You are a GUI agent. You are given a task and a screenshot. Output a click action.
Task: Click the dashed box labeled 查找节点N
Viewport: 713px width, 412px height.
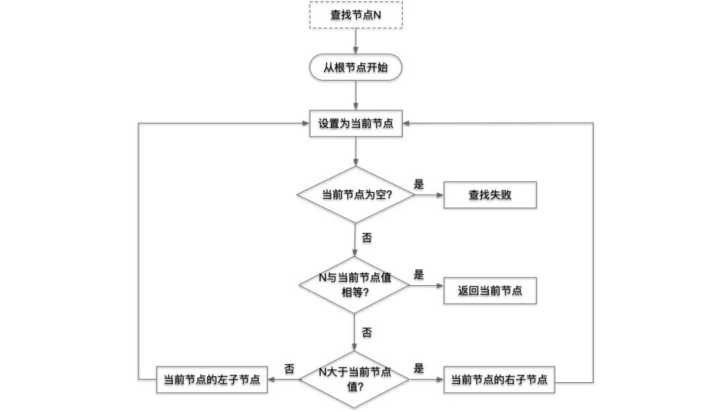tap(356, 15)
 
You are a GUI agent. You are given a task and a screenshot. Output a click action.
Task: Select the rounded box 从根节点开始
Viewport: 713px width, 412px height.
tap(356, 68)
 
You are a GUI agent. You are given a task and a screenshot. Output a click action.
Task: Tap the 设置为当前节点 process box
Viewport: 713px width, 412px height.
tap(356, 123)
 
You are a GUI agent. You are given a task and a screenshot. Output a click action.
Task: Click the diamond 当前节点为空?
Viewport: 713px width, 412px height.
tap(356, 195)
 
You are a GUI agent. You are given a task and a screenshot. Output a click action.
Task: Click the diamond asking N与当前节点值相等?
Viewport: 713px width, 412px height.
tap(356, 285)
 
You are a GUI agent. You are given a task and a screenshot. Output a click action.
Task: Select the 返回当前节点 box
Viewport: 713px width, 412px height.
tap(489, 290)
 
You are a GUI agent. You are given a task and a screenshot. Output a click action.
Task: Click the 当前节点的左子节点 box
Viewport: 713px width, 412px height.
tap(211, 380)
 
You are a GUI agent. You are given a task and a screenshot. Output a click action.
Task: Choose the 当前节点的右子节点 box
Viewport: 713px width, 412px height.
tap(498, 380)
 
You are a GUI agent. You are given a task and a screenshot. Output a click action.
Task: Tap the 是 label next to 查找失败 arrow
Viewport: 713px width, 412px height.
tap(419, 184)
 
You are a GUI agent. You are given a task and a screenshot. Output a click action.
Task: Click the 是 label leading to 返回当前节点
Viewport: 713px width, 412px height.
tap(419, 275)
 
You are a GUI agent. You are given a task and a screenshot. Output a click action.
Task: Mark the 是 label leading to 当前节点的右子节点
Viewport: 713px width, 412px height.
tap(419, 368)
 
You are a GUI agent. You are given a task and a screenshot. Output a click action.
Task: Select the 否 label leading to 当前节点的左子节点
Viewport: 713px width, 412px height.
tap(289, 368)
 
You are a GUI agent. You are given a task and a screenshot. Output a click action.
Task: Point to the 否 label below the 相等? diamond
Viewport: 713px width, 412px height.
tap(366, 332)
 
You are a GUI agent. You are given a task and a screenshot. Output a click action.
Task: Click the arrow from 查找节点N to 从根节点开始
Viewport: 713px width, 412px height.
tap(356, 41)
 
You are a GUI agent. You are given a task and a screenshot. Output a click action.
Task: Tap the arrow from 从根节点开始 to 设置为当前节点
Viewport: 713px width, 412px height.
tap(356, 96)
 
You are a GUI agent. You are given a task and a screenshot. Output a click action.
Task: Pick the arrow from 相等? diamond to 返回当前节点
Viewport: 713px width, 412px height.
tap(428, 286)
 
